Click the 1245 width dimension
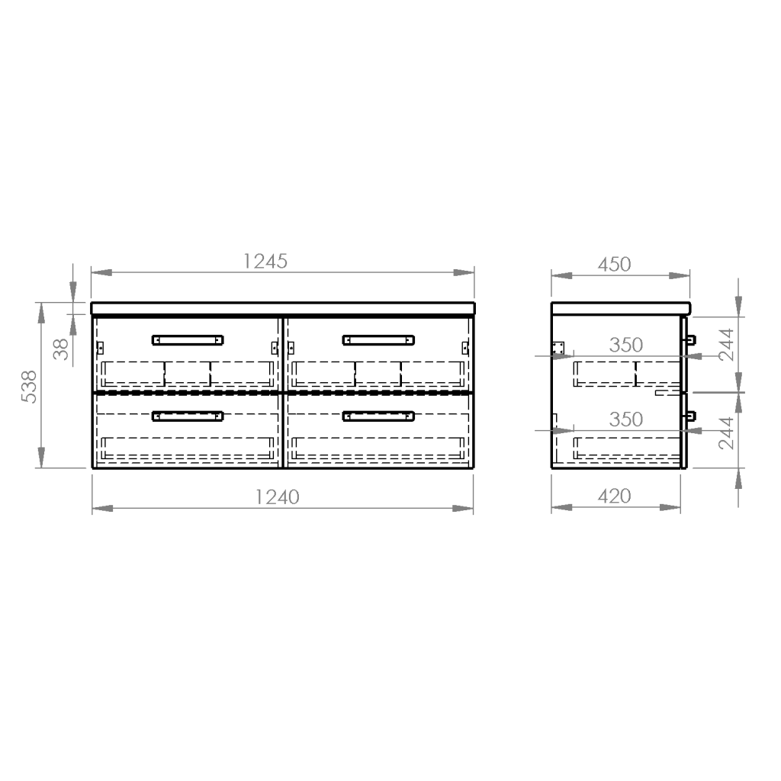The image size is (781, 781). pos(265,262)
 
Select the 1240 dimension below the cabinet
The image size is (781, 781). pos(277,497)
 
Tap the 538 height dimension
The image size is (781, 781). pos(29,387)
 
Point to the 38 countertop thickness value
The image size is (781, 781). pos(61,349)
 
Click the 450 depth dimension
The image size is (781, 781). pos(614,265)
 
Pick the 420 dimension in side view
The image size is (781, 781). pos(614,496)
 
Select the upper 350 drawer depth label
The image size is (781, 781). pos(626,345)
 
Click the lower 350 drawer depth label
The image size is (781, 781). pos(626,419)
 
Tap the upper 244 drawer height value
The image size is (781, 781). pos(727,344)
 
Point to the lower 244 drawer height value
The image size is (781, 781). pos(727,433)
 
